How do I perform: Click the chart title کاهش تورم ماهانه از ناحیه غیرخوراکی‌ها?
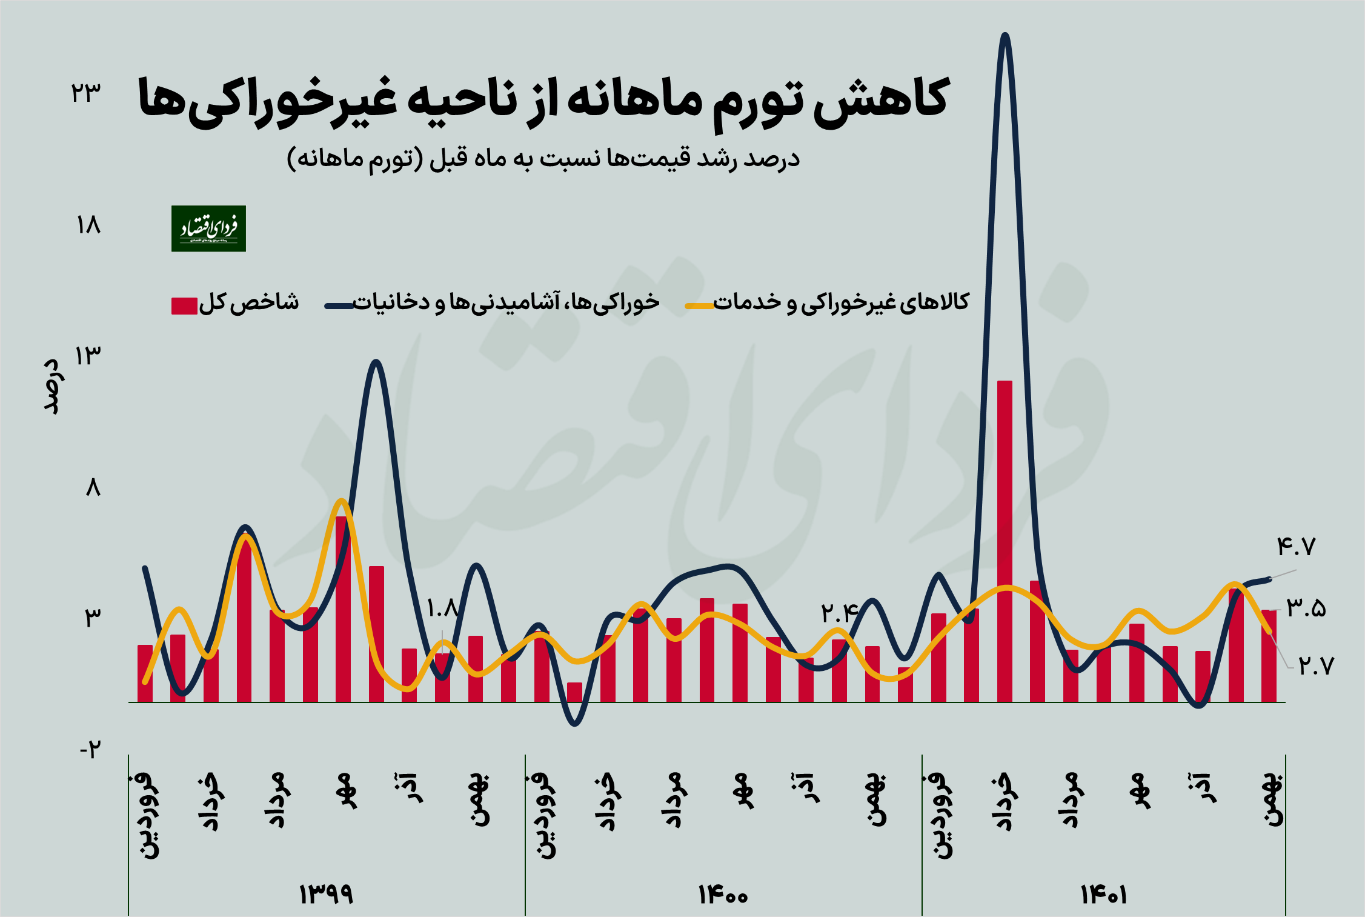543,100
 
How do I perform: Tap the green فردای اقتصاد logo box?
208,228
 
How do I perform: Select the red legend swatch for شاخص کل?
184,305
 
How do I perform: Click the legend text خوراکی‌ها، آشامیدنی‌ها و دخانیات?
506,302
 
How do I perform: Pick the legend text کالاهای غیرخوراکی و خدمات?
841,302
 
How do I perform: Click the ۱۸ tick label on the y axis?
88,225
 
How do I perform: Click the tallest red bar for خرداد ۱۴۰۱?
1005,539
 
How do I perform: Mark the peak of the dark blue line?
1005,35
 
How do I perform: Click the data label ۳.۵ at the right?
1306,607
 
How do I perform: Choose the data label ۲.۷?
1316,666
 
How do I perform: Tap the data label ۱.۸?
442,608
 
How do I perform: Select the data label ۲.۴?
840,613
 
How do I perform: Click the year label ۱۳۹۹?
326,894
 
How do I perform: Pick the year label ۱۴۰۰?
723,894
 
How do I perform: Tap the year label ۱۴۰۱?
1103,894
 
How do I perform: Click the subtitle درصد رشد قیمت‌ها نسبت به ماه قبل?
543,159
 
